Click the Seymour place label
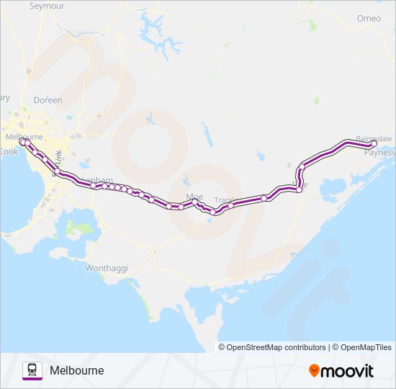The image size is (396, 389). coord(46,6)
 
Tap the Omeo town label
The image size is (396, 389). coord(369,18)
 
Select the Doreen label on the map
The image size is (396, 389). coord(48,100)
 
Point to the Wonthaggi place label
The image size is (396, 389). coord(107,268)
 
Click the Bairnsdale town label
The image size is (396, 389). coord(374,138)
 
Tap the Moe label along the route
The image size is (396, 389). coord(194,196)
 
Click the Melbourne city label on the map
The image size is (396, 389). coord(24,136)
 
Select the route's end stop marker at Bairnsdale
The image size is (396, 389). coord(374,143)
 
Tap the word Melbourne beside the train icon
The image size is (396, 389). coord(77,370)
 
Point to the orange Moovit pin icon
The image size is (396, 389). coord(315,370)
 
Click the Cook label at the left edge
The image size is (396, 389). coord(8,152)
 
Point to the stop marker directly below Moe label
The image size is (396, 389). coord(194,202)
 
